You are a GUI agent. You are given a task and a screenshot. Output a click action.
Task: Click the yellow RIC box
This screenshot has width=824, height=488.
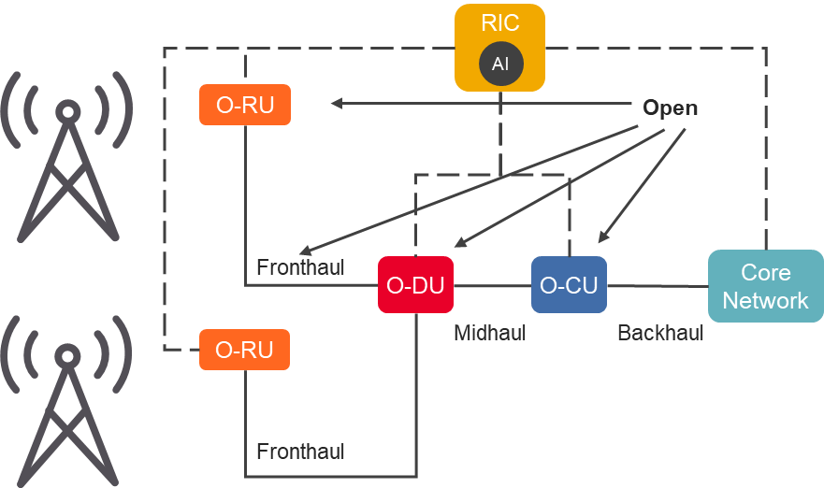point(499,24)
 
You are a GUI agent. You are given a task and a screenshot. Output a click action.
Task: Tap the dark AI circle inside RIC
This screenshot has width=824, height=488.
point(500,64)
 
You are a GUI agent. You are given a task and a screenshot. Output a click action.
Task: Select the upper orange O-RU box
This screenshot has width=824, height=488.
point(245,105)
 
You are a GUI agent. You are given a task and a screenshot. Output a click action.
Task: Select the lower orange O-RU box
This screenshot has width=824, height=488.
point(245,350)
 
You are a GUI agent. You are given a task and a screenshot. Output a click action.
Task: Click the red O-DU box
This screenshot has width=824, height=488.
point(415,285)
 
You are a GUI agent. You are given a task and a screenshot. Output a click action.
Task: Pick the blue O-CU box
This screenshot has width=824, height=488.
point(569,285)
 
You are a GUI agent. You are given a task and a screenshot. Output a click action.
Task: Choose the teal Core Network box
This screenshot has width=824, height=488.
point(765,286)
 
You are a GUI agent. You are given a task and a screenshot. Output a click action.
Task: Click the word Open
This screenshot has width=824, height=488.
point(670,108)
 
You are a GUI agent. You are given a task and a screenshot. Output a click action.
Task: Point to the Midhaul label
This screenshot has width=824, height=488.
point(489,333)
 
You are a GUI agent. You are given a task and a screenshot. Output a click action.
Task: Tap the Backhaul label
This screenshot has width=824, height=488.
point(660,333)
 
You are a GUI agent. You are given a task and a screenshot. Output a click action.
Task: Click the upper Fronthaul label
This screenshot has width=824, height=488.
point(300,268)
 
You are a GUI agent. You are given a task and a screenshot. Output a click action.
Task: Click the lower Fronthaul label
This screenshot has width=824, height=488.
point(300,452)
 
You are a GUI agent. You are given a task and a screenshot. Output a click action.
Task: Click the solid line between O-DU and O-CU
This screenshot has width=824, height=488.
point(492,285)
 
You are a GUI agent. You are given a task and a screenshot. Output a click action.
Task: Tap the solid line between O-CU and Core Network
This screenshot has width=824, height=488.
point(657,285)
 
